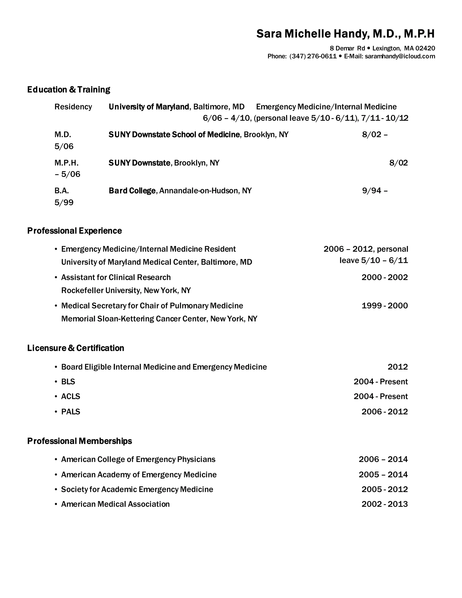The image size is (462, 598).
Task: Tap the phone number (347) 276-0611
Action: tap(313, 56)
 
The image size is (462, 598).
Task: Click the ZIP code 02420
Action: tap(425, 49)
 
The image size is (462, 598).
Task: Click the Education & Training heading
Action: tap(69, 90)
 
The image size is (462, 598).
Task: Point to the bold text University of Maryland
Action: tap(149, 107)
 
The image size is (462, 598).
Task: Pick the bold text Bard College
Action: tap(132, 191)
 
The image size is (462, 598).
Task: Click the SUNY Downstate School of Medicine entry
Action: tap(174, 135)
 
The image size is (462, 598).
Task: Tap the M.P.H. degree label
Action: tap(67, 163)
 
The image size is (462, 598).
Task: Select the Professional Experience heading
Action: tap(74, 231)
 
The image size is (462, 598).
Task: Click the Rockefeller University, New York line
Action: tap(126, 290)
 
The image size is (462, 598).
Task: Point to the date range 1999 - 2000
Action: tap(385, 306)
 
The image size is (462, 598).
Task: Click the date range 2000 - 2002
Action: tap(385, 277)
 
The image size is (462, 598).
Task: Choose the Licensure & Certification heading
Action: tap(76, 348)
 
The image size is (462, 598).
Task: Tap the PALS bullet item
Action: tap(71, 412)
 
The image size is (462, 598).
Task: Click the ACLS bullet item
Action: tap(71, 396)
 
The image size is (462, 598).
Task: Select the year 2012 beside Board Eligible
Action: tap(397, 367)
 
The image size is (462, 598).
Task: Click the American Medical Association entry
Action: tap(115, 504)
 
